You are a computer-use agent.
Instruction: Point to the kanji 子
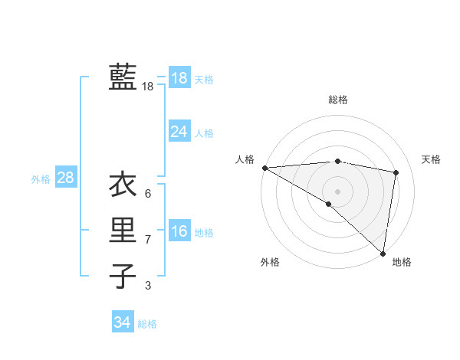coord(123,276)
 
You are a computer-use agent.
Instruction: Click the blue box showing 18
coord(179,78)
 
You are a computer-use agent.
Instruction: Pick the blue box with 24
coord(179,132)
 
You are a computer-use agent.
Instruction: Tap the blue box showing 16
coord(179,231)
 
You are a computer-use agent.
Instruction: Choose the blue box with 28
coord(65,178)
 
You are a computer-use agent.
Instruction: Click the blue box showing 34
coord(122,322)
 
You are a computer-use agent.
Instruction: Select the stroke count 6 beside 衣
coord(147,193)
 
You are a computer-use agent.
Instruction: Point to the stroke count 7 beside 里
coord(147,240)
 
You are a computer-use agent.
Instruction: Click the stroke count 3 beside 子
coord(147,286)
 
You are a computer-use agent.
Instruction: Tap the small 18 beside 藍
coord(147,87)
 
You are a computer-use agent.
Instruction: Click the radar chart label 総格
coord(337,100)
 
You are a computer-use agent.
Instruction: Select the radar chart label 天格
coord(431,159)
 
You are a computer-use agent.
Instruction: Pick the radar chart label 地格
coord(402,262)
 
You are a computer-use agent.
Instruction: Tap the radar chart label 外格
coord(270,262)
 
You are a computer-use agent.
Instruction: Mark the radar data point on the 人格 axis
coord(264,168)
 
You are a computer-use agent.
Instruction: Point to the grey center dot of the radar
coord(337,190)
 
